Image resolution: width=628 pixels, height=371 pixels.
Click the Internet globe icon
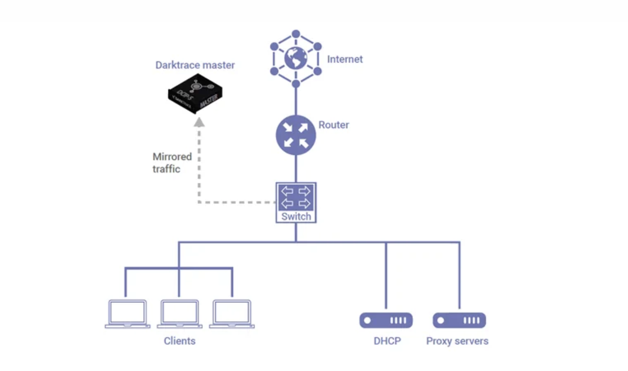click(296, 58)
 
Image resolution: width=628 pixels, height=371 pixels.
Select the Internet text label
click(345, 59)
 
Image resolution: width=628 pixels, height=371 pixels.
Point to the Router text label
click(333, 125)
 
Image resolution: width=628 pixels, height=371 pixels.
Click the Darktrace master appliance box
click(195, 94)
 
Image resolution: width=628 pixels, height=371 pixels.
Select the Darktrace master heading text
click(195, 65)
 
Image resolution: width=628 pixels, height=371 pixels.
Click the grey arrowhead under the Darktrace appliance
click(199, 121)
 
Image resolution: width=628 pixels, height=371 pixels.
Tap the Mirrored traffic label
click(172, 163)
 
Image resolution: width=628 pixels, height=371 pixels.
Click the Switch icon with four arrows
click(296, 197)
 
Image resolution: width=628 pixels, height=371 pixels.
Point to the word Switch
click(296, 217)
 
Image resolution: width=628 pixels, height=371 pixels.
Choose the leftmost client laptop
click(128, 314)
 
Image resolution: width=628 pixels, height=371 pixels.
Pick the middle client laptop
click(180, 314)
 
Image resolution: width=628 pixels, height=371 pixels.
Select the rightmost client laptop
click(232, 314)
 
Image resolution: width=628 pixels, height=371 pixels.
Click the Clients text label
click(179, 341)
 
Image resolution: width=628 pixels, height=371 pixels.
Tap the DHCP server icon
click(386, 320)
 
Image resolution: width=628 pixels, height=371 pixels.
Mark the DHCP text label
click(387, 341)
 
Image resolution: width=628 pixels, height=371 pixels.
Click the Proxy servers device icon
click(459, 320)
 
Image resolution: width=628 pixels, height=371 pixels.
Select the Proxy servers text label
click(457, 341)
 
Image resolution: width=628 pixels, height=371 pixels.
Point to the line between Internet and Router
click(296, 101)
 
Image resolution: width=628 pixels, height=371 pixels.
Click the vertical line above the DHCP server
click(386, 276)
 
